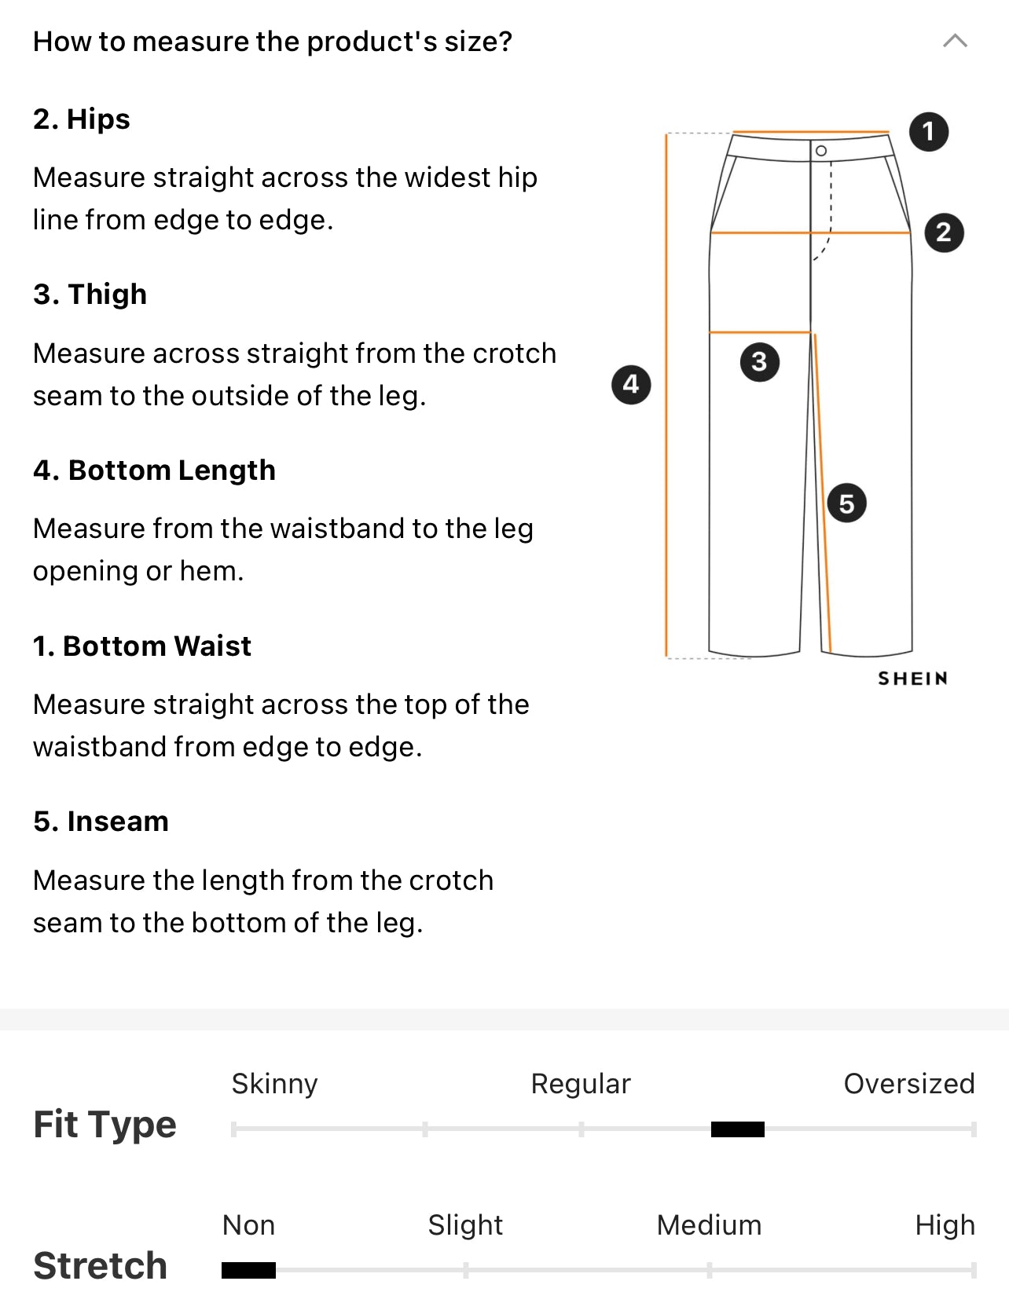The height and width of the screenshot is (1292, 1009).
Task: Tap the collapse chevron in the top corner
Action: pos(955,41)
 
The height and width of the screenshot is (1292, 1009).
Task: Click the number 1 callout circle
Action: pos(929,131)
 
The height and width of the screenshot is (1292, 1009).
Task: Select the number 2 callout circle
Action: pos(944,232)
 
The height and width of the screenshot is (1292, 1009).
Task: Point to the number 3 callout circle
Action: pos(759,362)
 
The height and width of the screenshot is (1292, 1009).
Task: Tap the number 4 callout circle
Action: pos(631,384)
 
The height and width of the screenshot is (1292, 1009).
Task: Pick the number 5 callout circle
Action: pos(846,503)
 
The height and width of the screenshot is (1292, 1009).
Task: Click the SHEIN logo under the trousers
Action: pos(912,679)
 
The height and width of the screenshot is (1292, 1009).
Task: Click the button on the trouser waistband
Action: pos(821,151)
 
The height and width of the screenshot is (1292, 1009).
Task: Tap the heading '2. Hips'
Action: pos(82,119)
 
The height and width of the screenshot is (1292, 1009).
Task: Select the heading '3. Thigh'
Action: pos(90,295)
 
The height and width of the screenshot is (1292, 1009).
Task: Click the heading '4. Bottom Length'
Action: pos(154,470)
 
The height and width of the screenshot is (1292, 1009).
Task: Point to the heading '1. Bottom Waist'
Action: pos(142,646)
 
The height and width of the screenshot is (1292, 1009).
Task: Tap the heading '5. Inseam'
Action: pos(101,822)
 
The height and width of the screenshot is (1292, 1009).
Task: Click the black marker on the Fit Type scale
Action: pos(737,1129)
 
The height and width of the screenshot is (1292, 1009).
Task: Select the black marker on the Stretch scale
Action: pos(248,1270)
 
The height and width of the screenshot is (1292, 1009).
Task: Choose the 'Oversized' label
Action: pos(908,1084)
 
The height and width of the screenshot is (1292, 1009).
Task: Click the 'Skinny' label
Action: pos(274,1084)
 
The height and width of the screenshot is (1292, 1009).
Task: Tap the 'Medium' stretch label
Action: pos(709,1225)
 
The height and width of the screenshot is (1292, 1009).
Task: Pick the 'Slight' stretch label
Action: pos(465,1225)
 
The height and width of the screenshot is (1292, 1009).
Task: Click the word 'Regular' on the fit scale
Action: pos(581,1084)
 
